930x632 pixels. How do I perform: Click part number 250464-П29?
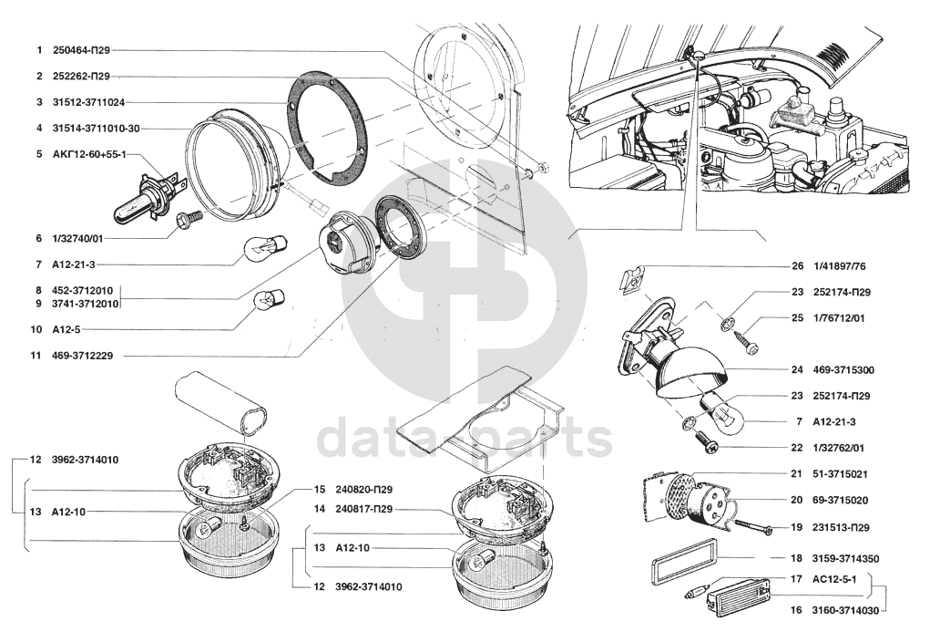click(x=81, y=50)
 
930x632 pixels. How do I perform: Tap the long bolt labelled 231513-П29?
click(x=752, y=527)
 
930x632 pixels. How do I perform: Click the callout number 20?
click(x=797, y=500)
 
